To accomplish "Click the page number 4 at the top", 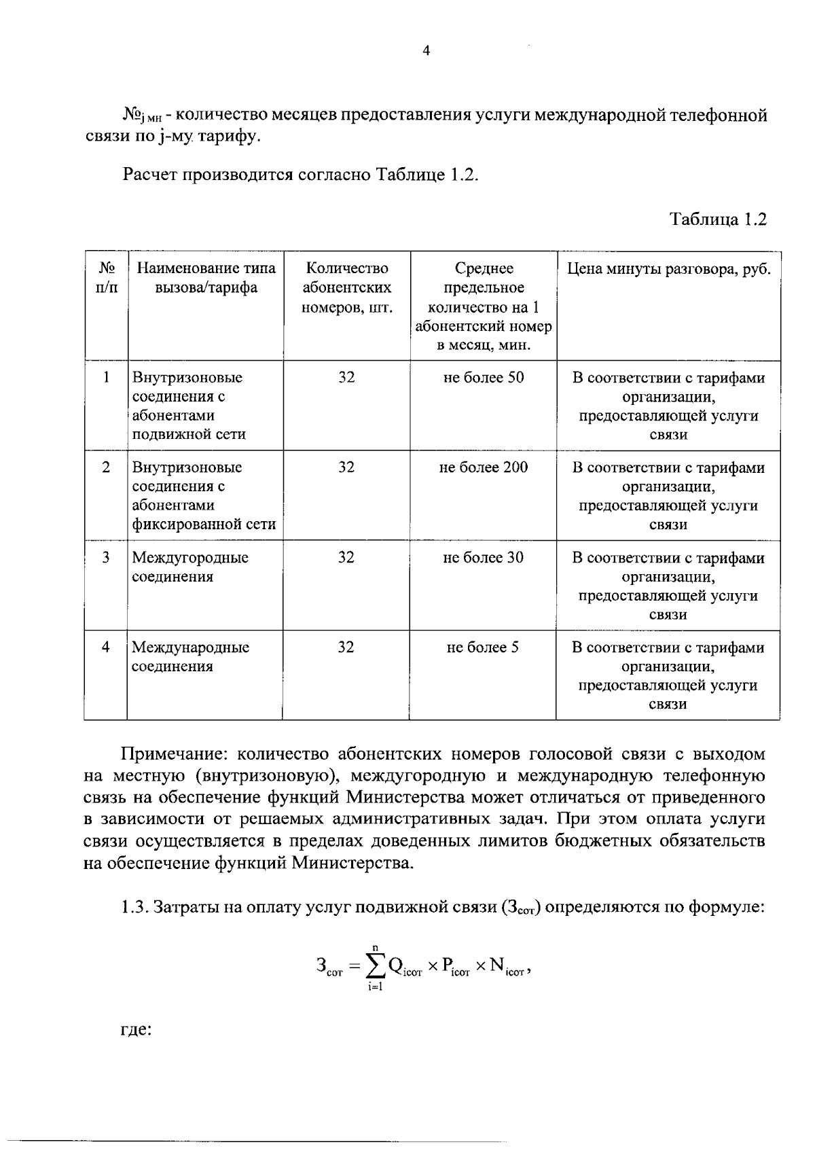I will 426,52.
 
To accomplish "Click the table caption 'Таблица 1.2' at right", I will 718,219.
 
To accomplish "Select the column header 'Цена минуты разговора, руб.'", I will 668,268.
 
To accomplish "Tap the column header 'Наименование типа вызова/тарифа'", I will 206,278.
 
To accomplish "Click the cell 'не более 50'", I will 483,377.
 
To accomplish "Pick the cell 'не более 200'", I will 483,467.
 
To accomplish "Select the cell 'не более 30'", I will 483,557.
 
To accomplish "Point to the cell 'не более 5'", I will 482,647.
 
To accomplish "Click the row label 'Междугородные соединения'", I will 189,567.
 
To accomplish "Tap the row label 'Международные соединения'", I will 189,656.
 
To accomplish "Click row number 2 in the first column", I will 106,467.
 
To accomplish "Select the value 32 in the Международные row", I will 346,647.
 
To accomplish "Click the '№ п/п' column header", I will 106,278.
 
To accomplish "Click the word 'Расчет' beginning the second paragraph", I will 152,175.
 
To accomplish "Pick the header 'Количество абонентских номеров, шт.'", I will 346,287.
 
